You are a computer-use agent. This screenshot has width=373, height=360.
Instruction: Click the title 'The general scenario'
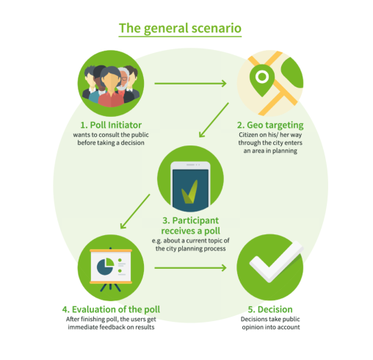tap(180, 28)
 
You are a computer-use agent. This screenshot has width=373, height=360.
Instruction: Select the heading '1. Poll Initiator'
tap(111, 125)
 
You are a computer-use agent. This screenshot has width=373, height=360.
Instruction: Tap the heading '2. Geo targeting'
tap(270, 126)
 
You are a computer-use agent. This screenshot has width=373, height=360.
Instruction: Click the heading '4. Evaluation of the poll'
tap(111, 309)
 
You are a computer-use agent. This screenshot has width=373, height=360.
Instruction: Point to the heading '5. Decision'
tap(270, 309)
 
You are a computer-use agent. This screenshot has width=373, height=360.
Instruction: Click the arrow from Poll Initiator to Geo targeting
tap(190, 84)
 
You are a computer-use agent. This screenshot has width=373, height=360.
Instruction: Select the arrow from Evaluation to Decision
tap(190, 268)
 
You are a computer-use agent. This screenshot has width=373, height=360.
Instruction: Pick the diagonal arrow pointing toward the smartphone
tap(214, 120)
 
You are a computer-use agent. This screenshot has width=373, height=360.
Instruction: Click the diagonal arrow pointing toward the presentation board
tap(135, 212)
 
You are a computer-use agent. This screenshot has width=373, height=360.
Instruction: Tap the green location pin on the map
tap(262, 79)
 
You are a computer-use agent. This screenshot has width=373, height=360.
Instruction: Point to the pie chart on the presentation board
tap(105, 267)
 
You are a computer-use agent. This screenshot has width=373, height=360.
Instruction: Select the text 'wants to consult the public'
tap(111, 135)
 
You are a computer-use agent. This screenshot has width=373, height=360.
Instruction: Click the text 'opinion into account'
tap(271, 327)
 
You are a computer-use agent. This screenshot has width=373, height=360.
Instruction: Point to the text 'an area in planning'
tap(270, 151)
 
